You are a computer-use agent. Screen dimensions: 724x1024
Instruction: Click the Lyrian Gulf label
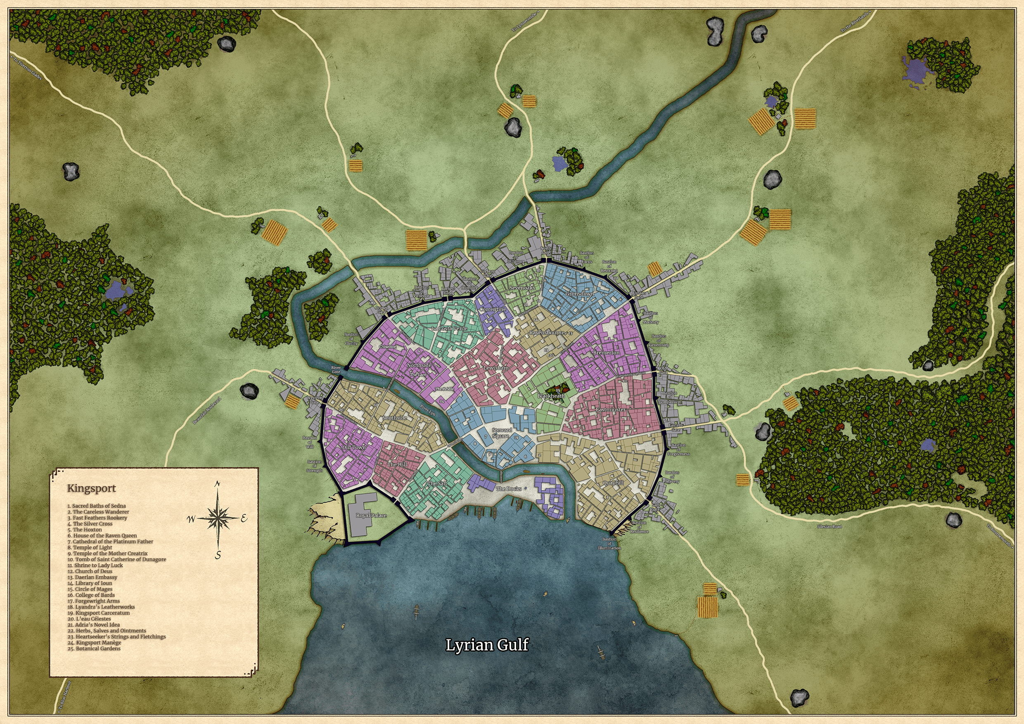[x=487, y=645]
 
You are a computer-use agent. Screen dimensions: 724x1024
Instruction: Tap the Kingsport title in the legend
[x=91, y=488]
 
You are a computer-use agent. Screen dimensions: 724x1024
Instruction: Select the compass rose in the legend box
[x=217, y=518]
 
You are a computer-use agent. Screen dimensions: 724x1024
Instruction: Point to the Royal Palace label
[x=371, y=516]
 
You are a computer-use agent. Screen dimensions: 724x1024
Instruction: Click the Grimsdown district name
[x=579, y=294]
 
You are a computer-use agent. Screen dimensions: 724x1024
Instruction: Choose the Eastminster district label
[x=611, y=409]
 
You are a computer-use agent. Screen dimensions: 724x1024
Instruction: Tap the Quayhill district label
[x=613, y=483]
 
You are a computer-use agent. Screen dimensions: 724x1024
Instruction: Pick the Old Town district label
[x=354, y=447]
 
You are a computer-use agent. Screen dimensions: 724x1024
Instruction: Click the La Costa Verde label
[x=450, y=329]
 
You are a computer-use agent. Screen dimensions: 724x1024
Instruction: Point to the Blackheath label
[x=551, y=396]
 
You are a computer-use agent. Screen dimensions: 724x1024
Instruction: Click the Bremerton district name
[x=606, y=353]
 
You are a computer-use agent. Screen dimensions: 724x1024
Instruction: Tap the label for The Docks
[x=509, y=489]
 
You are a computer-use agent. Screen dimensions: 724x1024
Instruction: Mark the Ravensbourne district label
[x=547, y=333]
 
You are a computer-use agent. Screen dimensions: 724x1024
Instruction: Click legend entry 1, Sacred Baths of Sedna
[x=97, y=506]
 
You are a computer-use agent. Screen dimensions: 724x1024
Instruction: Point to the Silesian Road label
[x=829, y=527]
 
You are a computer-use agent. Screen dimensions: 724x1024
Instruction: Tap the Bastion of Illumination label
[x=609, y=544]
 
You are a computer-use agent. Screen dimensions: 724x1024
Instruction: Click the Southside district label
[x=395, y=418]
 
